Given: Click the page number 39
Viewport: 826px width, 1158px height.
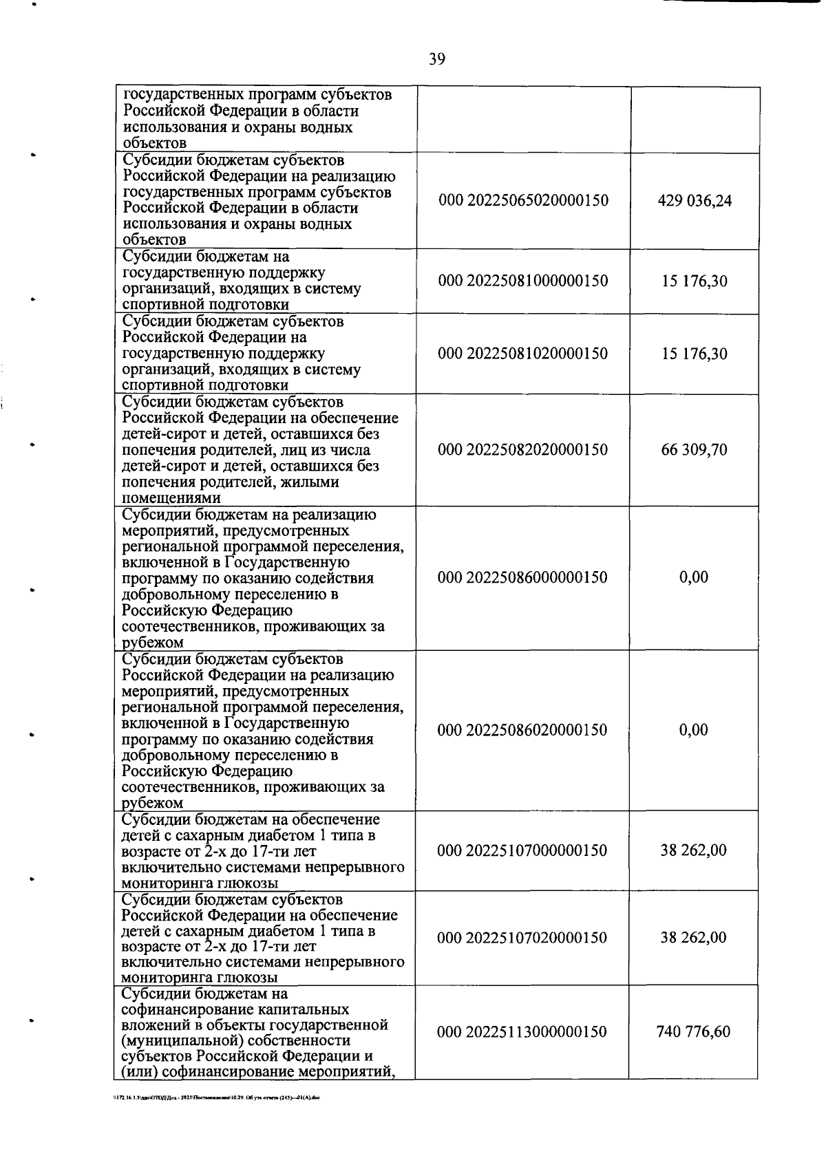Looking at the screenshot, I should pyautogui.click(x=437, y=59).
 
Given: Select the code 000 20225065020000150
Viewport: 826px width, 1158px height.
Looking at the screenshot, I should pyautogui.click(x=523, y=200).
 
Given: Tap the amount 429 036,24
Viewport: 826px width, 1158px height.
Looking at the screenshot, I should pyautogui.click(x=695, y=200).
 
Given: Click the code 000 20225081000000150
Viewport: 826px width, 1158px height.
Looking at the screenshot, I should pyautogui.click(x=523, y=281).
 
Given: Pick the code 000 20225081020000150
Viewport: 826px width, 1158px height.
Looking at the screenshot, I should pyautogui.click(x=523, y=354).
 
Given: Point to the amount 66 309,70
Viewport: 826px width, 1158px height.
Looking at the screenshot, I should pyautogui.click(x=694, y=450).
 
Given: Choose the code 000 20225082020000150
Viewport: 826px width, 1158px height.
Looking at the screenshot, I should pyautogui.click(x=523, y=450).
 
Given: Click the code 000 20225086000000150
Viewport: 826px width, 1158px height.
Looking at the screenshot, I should pyautogui.click(x=523, y=577).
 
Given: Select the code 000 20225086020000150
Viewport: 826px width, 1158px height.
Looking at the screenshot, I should pyautogui.click(x=523, y=730).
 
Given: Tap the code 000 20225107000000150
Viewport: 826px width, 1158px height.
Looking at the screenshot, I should pyautogui.click(x=523, y=850).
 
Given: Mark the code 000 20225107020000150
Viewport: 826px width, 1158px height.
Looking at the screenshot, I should pyautogui.click(x=523, y=938).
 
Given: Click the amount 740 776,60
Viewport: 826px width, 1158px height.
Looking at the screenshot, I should pyautogui.click(x=694, y=1032).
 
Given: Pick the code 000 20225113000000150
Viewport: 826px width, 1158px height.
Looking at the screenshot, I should pyautogui.click(x=523, y=1032).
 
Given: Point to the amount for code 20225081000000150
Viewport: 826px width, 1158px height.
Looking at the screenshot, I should pyautogui.click(x=694, y=281).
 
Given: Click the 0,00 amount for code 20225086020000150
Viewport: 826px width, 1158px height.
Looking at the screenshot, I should pyautogui.click(x=694, y=730).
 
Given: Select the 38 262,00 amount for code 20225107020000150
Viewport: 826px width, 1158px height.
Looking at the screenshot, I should pyautogui.click(x=694, y=938).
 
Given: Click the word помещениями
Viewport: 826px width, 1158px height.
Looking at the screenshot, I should pyautogui.click(x=171, y=498).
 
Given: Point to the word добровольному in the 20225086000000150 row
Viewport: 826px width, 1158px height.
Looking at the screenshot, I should pyautogui.click(x=180, y=594).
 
